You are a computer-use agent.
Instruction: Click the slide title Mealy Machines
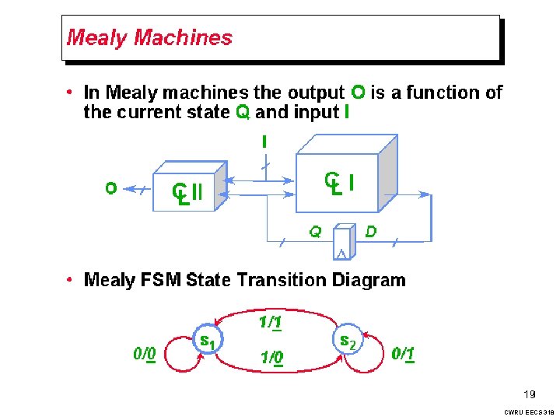[149, 37]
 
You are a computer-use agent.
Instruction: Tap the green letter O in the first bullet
[358, 93]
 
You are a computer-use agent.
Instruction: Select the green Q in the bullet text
[243, 113]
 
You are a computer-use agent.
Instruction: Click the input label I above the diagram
[265, 142]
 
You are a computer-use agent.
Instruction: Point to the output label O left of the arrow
[110, 187]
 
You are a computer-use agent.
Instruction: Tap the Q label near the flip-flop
[315, 231]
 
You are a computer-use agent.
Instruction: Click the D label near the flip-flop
[371, 231]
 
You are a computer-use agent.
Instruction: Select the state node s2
[348, 341]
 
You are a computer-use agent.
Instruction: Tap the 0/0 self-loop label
[145, 355]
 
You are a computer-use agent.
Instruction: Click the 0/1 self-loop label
[403, 355]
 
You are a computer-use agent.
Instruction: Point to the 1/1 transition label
[270, 321]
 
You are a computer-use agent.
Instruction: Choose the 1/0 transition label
[271, 359]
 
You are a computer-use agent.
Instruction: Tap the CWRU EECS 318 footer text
[529, 411]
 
